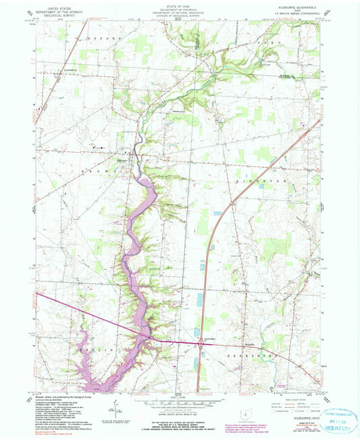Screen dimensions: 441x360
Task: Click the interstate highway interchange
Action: (x=201, y=343)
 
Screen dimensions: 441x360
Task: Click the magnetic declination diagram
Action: (x=117, y=405)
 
